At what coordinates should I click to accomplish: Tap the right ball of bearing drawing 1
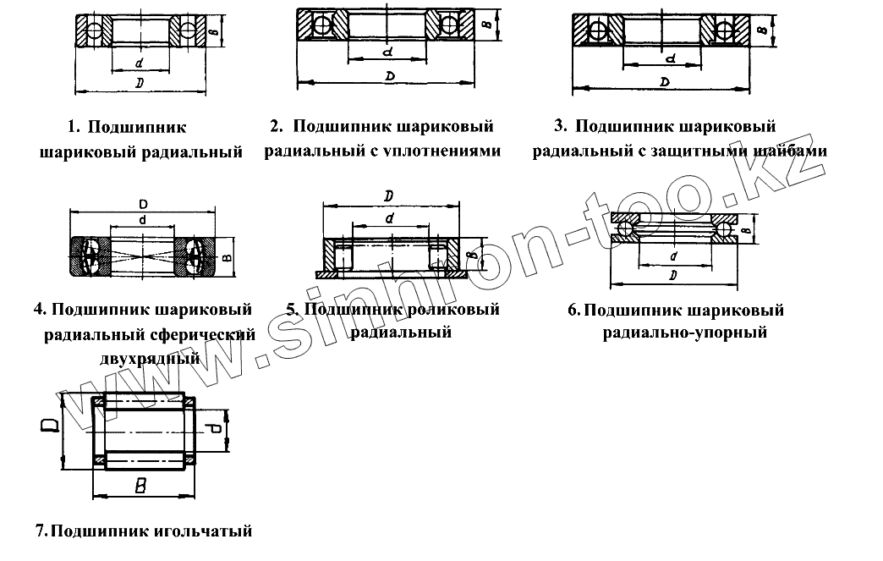coord(185,31)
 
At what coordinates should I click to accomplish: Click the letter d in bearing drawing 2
coord(387,52)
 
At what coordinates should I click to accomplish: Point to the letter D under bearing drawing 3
coord(665,82)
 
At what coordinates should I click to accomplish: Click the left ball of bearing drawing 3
coord(598,31)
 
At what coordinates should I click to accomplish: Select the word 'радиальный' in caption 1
coord(200,152)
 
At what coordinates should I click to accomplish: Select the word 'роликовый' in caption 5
coord(457,310)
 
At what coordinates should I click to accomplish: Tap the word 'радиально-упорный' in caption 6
coord(685,333)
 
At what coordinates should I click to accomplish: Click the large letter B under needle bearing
coord(141,486)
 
